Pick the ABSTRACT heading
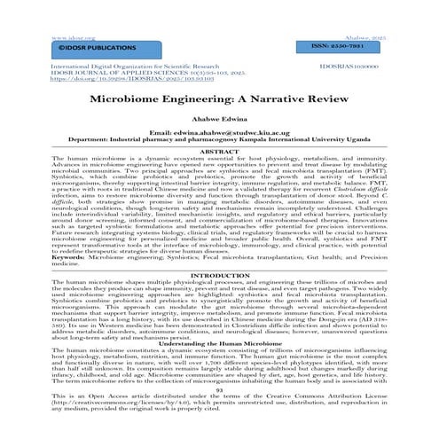tap(219, 152)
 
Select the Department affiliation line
tap(219, 140)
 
